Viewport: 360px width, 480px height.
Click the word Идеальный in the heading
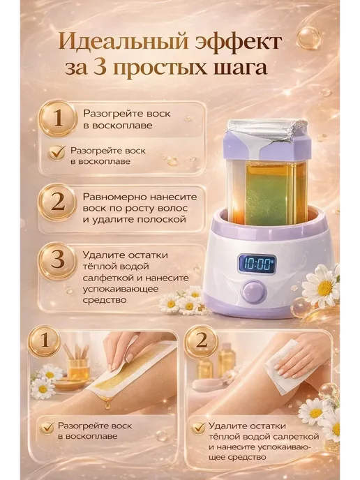pos(122,43)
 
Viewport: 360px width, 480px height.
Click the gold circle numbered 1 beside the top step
pos(58,119)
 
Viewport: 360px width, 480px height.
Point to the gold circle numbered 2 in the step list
pos(58,202)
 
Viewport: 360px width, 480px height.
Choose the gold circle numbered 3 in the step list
pos(58,261)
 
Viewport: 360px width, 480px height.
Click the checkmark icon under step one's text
pos(57,153)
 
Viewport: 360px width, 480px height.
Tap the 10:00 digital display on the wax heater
pos(257,263)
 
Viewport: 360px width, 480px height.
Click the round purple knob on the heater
pos(254,292)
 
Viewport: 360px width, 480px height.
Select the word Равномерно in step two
pos(114,197)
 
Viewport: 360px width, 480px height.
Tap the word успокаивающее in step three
pos(121,290)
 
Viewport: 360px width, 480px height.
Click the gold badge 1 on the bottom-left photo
pos(45,341)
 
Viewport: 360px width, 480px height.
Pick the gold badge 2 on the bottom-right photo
pos(201,341)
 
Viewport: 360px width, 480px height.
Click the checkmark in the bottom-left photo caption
pos(47,428)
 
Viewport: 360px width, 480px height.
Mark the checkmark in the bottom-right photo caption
pos(198,428)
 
